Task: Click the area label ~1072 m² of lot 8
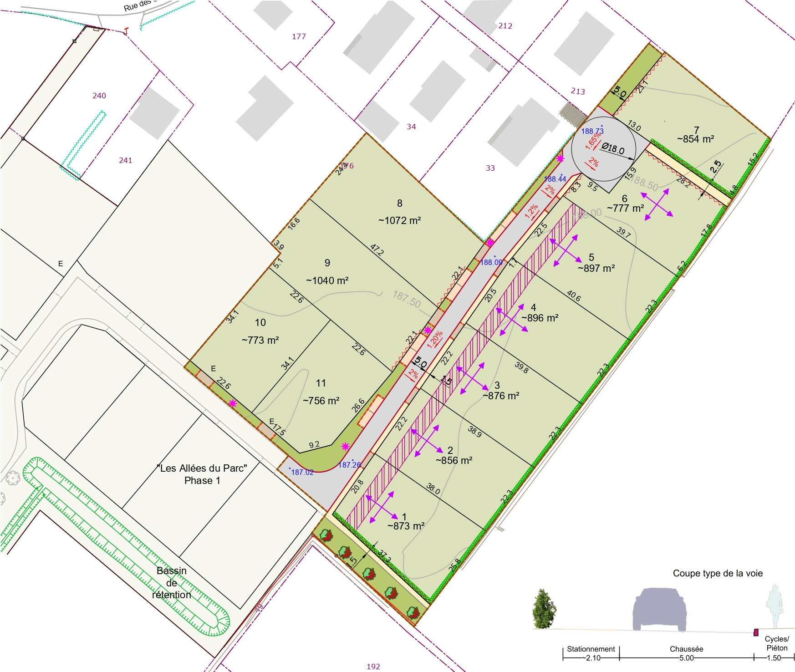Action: (399, 221)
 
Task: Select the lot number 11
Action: (321, 383)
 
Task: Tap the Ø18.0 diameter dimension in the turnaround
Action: (613, 148)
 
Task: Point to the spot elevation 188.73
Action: (592, 131)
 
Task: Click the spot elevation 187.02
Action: (302, 473)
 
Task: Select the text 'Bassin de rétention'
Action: (172, 583)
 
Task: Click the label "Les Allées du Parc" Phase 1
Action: (202, 474)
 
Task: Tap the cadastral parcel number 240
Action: (99, 96)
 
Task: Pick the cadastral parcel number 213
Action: (578, 92)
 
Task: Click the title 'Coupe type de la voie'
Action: (718, 574)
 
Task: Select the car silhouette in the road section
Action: (659, 609)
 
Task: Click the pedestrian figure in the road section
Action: (774, 607)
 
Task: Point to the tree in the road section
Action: (544, 609)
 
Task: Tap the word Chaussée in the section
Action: (686, 649)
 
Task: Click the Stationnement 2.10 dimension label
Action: (591, 653)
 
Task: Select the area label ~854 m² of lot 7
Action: (695, 139)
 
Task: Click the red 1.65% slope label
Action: (593, 141)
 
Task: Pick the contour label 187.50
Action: (407, 300)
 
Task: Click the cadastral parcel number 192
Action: (373, 667)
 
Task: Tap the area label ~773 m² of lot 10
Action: (260, 340)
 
